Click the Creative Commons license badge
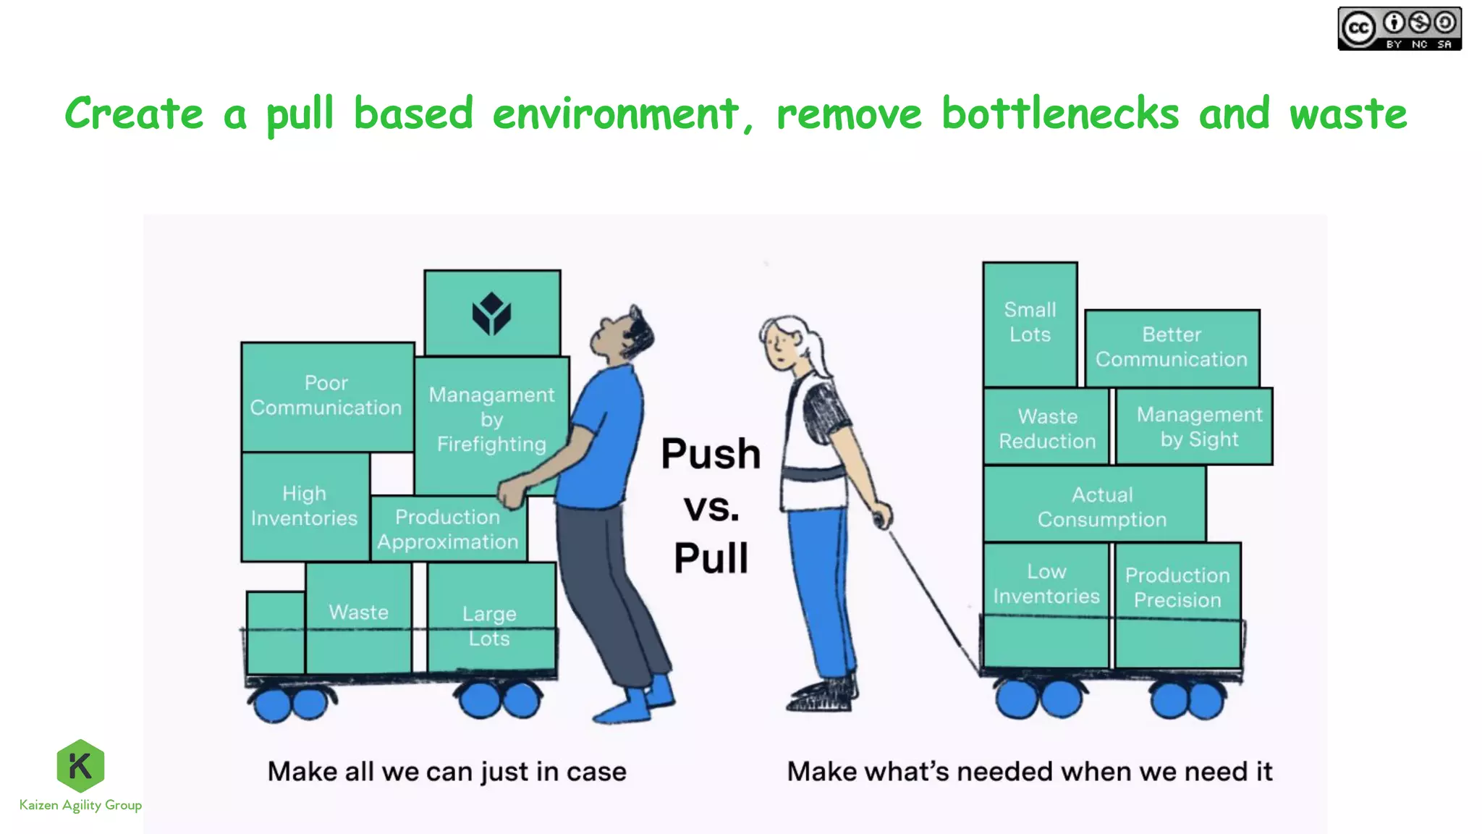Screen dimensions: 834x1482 point(1399,29)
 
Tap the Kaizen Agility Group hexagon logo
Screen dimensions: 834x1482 point(80,765)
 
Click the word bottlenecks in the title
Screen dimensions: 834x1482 point(1059,114)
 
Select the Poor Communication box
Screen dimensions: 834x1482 point(326,395)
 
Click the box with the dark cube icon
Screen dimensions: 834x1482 point(492,313)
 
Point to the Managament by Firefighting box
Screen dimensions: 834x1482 point(491,420)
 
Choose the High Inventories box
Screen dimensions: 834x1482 point(304,506)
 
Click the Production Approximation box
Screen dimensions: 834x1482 point(447,529)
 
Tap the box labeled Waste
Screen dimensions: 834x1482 point(358,613)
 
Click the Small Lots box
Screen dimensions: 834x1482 point(1030,323)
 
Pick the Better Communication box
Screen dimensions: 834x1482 point(1172,347)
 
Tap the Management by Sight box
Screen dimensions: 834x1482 point(1199,426)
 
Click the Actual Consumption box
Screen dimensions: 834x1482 point(1101,507)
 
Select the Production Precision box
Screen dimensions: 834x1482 point(1177,588)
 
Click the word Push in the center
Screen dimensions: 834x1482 point(711,454)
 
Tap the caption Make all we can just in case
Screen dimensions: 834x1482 point(446,772)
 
